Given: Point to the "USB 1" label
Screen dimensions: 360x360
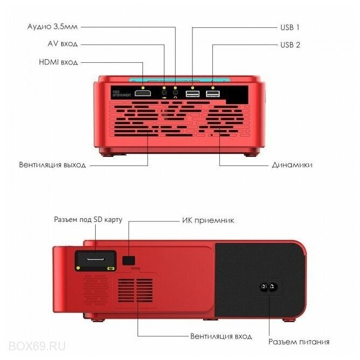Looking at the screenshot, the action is (x=290, y=26).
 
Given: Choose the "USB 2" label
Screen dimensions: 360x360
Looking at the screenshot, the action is (x=290, y=44).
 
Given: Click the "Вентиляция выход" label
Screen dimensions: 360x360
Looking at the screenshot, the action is (x=52, y=165).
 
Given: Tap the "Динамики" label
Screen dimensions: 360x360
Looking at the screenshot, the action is (x=293, y=165).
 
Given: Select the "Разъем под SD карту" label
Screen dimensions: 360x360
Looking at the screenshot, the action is (x=88, y=220).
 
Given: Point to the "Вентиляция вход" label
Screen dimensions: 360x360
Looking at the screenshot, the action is (x=221, y=336).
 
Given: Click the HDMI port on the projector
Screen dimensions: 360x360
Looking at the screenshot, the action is (x=142, y=94).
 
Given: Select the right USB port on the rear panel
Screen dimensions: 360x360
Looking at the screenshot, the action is (x=213, y=95).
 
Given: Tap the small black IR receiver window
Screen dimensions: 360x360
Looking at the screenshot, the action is (x=129, y=261).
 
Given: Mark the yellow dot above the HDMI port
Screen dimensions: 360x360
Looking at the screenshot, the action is (x=142, y=87).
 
